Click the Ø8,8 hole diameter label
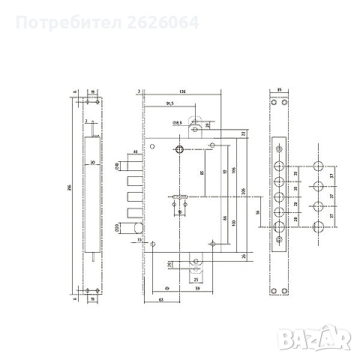[177, 121]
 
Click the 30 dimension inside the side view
[91, 163]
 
